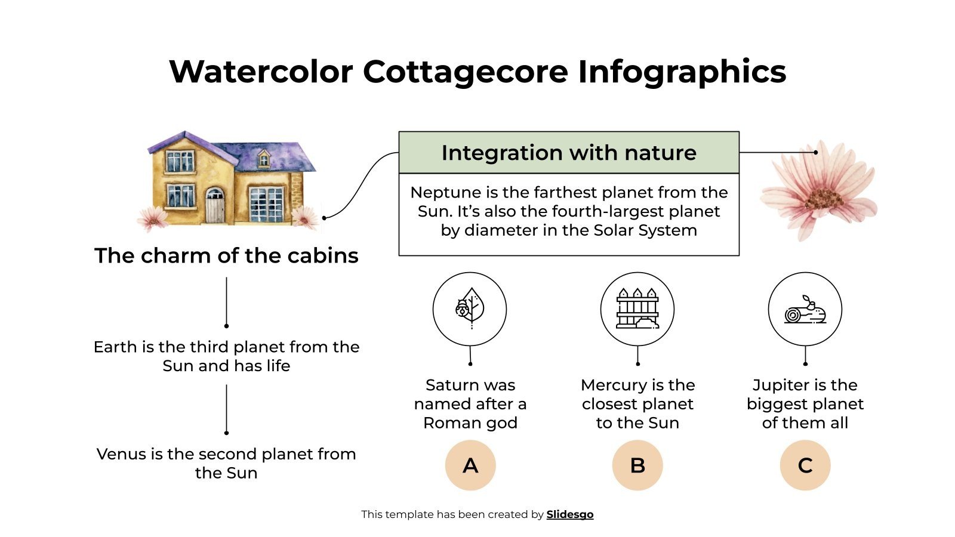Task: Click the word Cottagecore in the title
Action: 465,72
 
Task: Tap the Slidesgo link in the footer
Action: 569,514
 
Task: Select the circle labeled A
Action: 470,465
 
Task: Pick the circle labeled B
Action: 637,465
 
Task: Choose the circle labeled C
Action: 805,465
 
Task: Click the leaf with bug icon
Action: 470,309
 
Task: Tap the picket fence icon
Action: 637,309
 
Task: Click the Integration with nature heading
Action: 569,153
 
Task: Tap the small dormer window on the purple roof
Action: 263,159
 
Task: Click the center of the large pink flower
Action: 824,197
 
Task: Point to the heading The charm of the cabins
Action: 226,255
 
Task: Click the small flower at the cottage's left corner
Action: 152,218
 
